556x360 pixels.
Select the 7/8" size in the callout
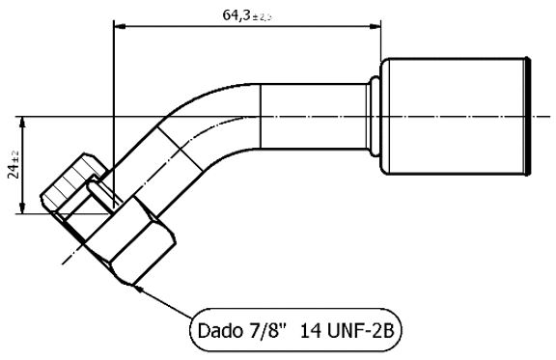coord(271,331)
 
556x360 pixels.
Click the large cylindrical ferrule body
coord(454,117)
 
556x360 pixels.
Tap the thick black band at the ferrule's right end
coord(528,117)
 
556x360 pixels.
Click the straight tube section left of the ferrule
coord(309,117)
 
